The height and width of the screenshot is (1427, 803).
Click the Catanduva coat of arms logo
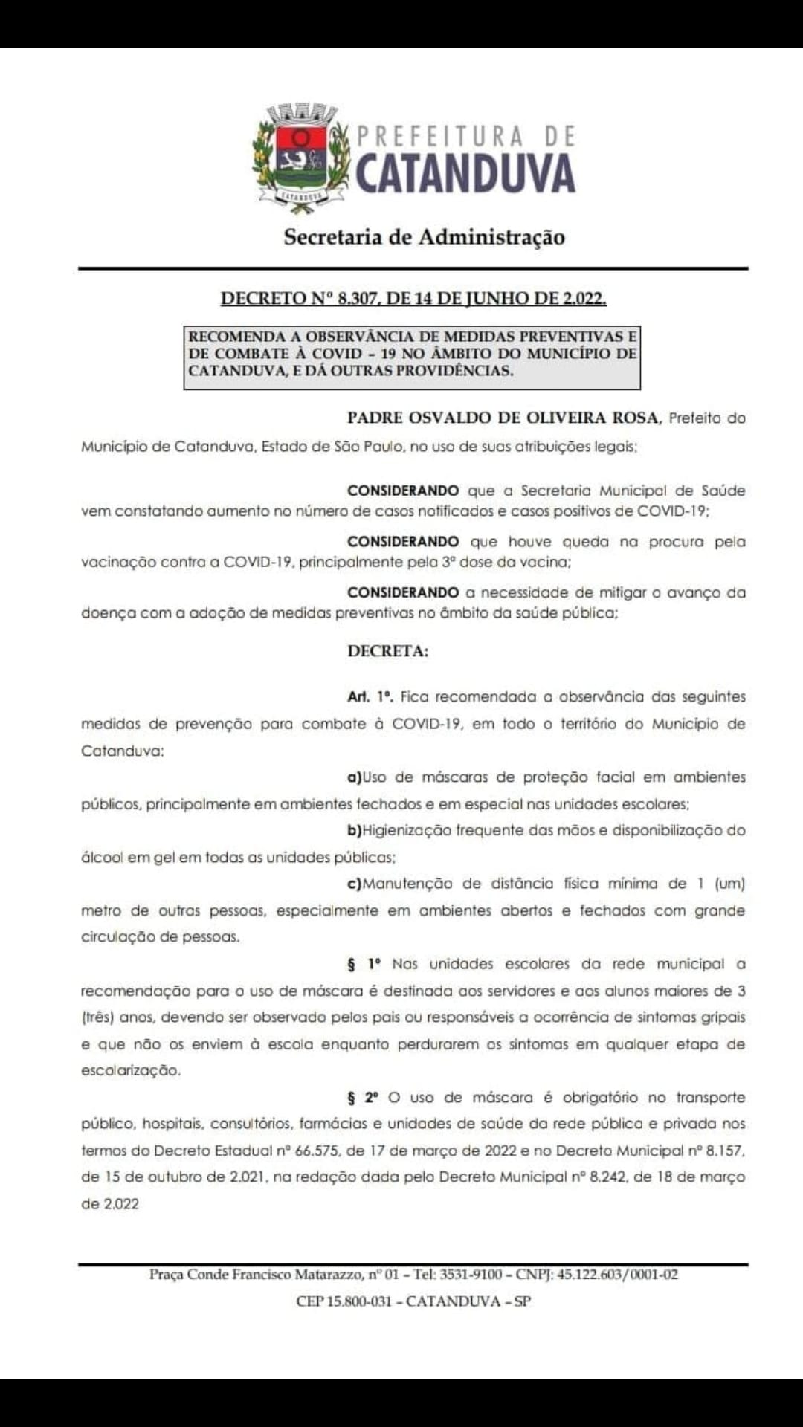point(301,157)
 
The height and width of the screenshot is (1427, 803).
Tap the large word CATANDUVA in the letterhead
point(465,174)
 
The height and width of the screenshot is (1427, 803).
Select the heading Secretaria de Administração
point(424,237)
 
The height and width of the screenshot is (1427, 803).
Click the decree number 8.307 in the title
point(356,299)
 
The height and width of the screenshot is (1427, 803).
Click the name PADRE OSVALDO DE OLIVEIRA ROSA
point(503,418)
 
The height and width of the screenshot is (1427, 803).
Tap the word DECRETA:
point(387,651)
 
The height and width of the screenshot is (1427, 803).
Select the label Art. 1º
point(370,697)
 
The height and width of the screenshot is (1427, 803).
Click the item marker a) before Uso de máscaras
point(354,777)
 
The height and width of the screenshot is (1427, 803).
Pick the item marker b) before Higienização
point(355,831)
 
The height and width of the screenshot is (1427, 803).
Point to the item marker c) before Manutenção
point(354,884)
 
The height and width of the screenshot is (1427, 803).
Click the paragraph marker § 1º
point(364,964)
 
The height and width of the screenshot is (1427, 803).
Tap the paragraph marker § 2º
point(364,1098)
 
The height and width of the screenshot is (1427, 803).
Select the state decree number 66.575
point(317,1151)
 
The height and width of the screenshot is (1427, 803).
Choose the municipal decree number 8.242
point(607,1177)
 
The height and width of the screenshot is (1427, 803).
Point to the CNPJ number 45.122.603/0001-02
point(617,1274)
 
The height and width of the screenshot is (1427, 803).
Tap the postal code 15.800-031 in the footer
point(359,1301)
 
